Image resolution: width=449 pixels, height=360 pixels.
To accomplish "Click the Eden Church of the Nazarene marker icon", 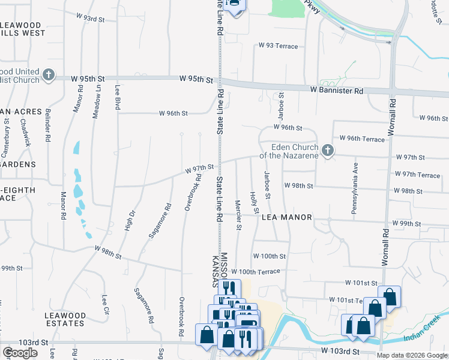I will pyautogui.click(x=327, y=150).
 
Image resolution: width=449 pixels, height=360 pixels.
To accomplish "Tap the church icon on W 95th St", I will pyautogui.click(x=49, y=76).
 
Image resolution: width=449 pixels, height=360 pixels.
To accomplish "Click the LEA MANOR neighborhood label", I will pyautogui.click(x=287, y=217).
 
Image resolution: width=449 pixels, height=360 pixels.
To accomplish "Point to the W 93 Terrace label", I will pyautogui.click(x=278, y=46).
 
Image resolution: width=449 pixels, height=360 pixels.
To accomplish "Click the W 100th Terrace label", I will pyautogui.click(x=255, y=272).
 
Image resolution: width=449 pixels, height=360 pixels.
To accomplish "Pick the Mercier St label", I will pyautogui.click(x=238, y=214).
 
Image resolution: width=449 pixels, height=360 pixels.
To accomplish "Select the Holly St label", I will pyautogui.click(x=255, y=202).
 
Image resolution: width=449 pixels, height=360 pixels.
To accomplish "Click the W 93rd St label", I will pyautogui.click(x=91, y=19).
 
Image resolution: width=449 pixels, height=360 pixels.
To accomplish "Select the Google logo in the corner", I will pyautogui.click(x=20, y=352).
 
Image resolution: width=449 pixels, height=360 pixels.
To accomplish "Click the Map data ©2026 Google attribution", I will pyautogui.click(x=412, y=355).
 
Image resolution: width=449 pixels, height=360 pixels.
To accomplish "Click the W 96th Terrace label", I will pyautogui.click(x=361, y=139).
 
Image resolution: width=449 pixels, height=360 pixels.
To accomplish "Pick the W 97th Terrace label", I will pyautogui.click(x=417, y=175).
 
